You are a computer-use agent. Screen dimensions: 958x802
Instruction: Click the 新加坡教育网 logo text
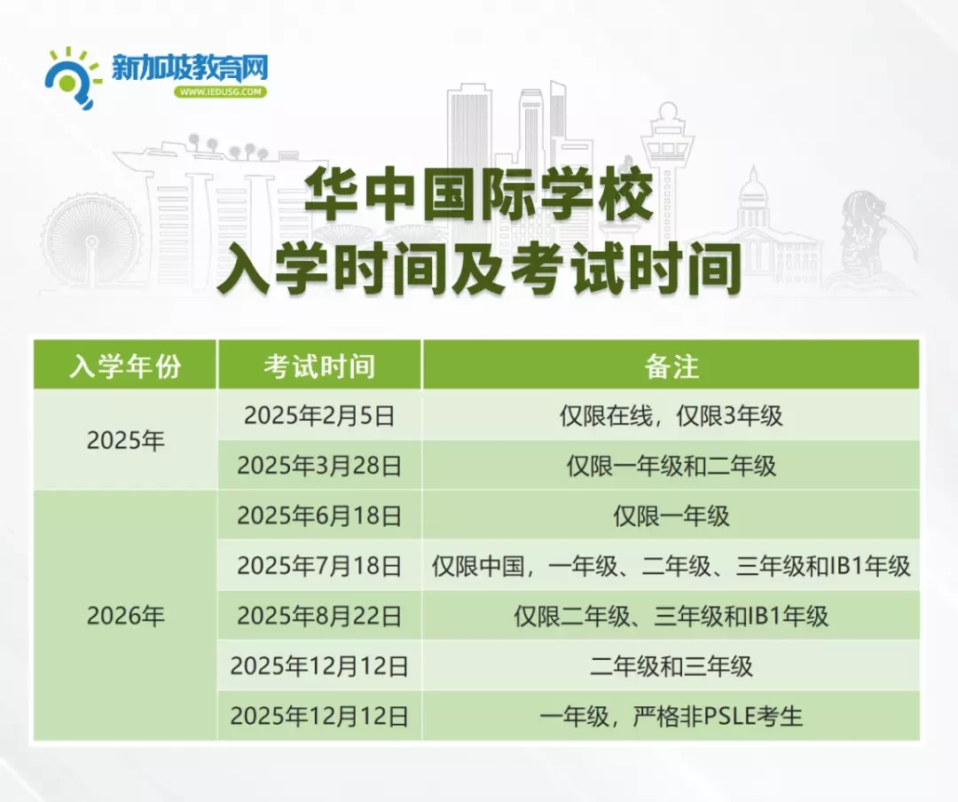(190, 67)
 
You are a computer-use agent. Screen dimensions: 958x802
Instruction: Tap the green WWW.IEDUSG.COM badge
(221, 91)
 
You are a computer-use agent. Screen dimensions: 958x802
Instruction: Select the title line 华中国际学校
(479, 193)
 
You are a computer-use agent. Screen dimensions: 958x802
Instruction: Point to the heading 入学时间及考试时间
(479, 267)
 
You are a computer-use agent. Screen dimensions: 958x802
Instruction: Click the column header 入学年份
(125, 366)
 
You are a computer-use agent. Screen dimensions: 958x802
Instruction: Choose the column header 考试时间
(319, 366)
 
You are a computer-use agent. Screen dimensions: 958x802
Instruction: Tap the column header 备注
(671, 366)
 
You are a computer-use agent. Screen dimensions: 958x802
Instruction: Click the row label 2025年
(125, 440)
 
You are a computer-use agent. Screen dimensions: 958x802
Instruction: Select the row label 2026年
(125, 616)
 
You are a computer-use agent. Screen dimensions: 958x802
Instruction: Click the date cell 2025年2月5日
(319, 416)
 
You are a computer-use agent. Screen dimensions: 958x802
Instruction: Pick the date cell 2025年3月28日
(319, 466)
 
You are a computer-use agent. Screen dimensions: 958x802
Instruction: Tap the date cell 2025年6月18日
(319, 516)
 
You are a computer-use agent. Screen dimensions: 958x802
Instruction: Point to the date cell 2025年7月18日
(319, 566)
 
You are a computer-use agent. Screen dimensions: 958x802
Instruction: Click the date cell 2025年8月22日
(319, 617)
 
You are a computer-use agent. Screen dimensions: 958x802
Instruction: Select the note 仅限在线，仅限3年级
(671, 416)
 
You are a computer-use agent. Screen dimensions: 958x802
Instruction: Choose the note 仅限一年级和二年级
(671, 466)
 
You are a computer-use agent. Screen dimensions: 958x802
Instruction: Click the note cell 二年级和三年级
(671, 666)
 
